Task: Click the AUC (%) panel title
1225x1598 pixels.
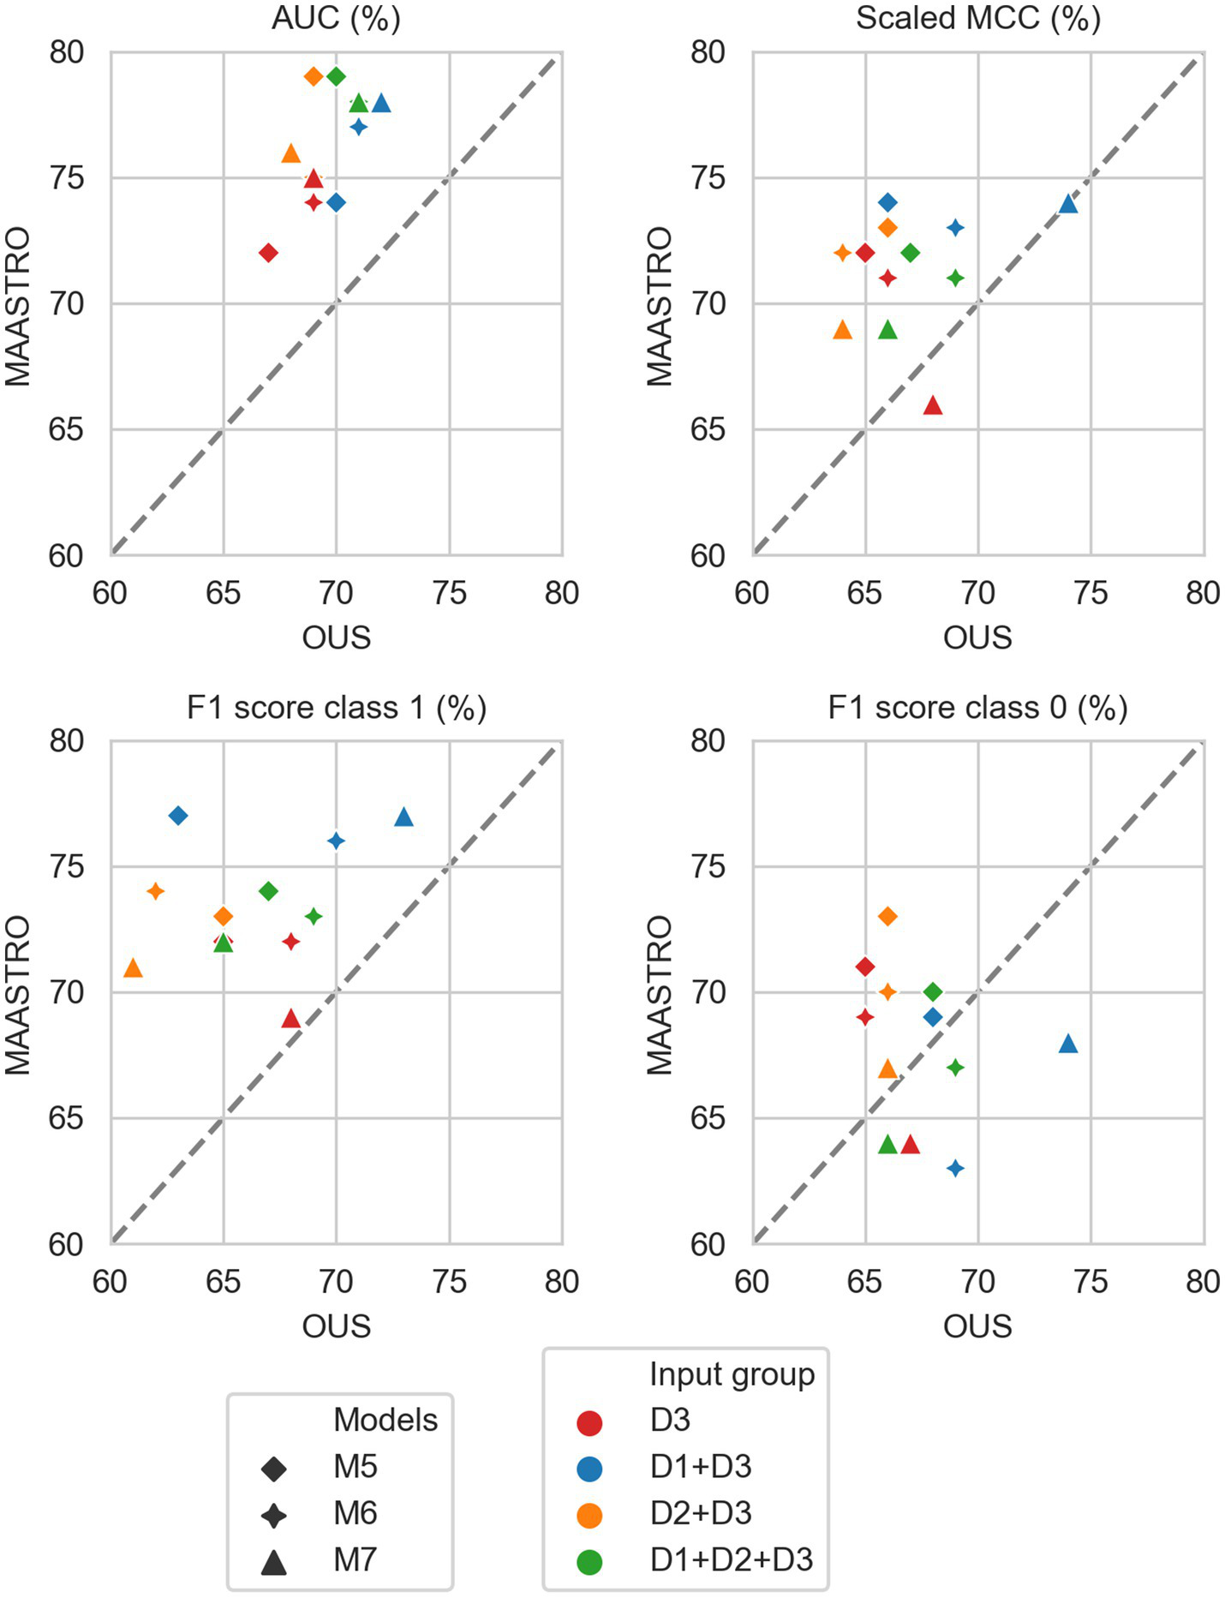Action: (336, 18)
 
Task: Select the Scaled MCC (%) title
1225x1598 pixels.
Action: (977, 18)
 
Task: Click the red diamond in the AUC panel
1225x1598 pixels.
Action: (268, 253)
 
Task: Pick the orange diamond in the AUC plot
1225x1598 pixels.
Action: (314, 76)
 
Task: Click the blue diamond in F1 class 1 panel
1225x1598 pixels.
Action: (178, 816)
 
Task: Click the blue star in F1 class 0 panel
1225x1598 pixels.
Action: (955, 1168)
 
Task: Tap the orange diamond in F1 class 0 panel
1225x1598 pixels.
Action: (887, 917)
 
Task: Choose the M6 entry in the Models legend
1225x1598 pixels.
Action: (355, 1514)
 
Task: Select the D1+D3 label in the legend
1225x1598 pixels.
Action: (700, 1467)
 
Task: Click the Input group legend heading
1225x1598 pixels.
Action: (732, 1374)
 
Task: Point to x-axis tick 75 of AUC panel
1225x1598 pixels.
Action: (449, 593)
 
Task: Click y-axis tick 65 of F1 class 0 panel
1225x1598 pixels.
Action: (708, 1118)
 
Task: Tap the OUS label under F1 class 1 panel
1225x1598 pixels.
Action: (336, 1326)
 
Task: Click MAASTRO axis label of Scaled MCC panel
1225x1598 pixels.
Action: (660, 305)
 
